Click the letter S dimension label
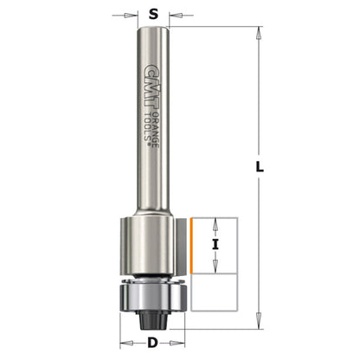153,14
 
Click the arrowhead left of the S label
130,15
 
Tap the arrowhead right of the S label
176,15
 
